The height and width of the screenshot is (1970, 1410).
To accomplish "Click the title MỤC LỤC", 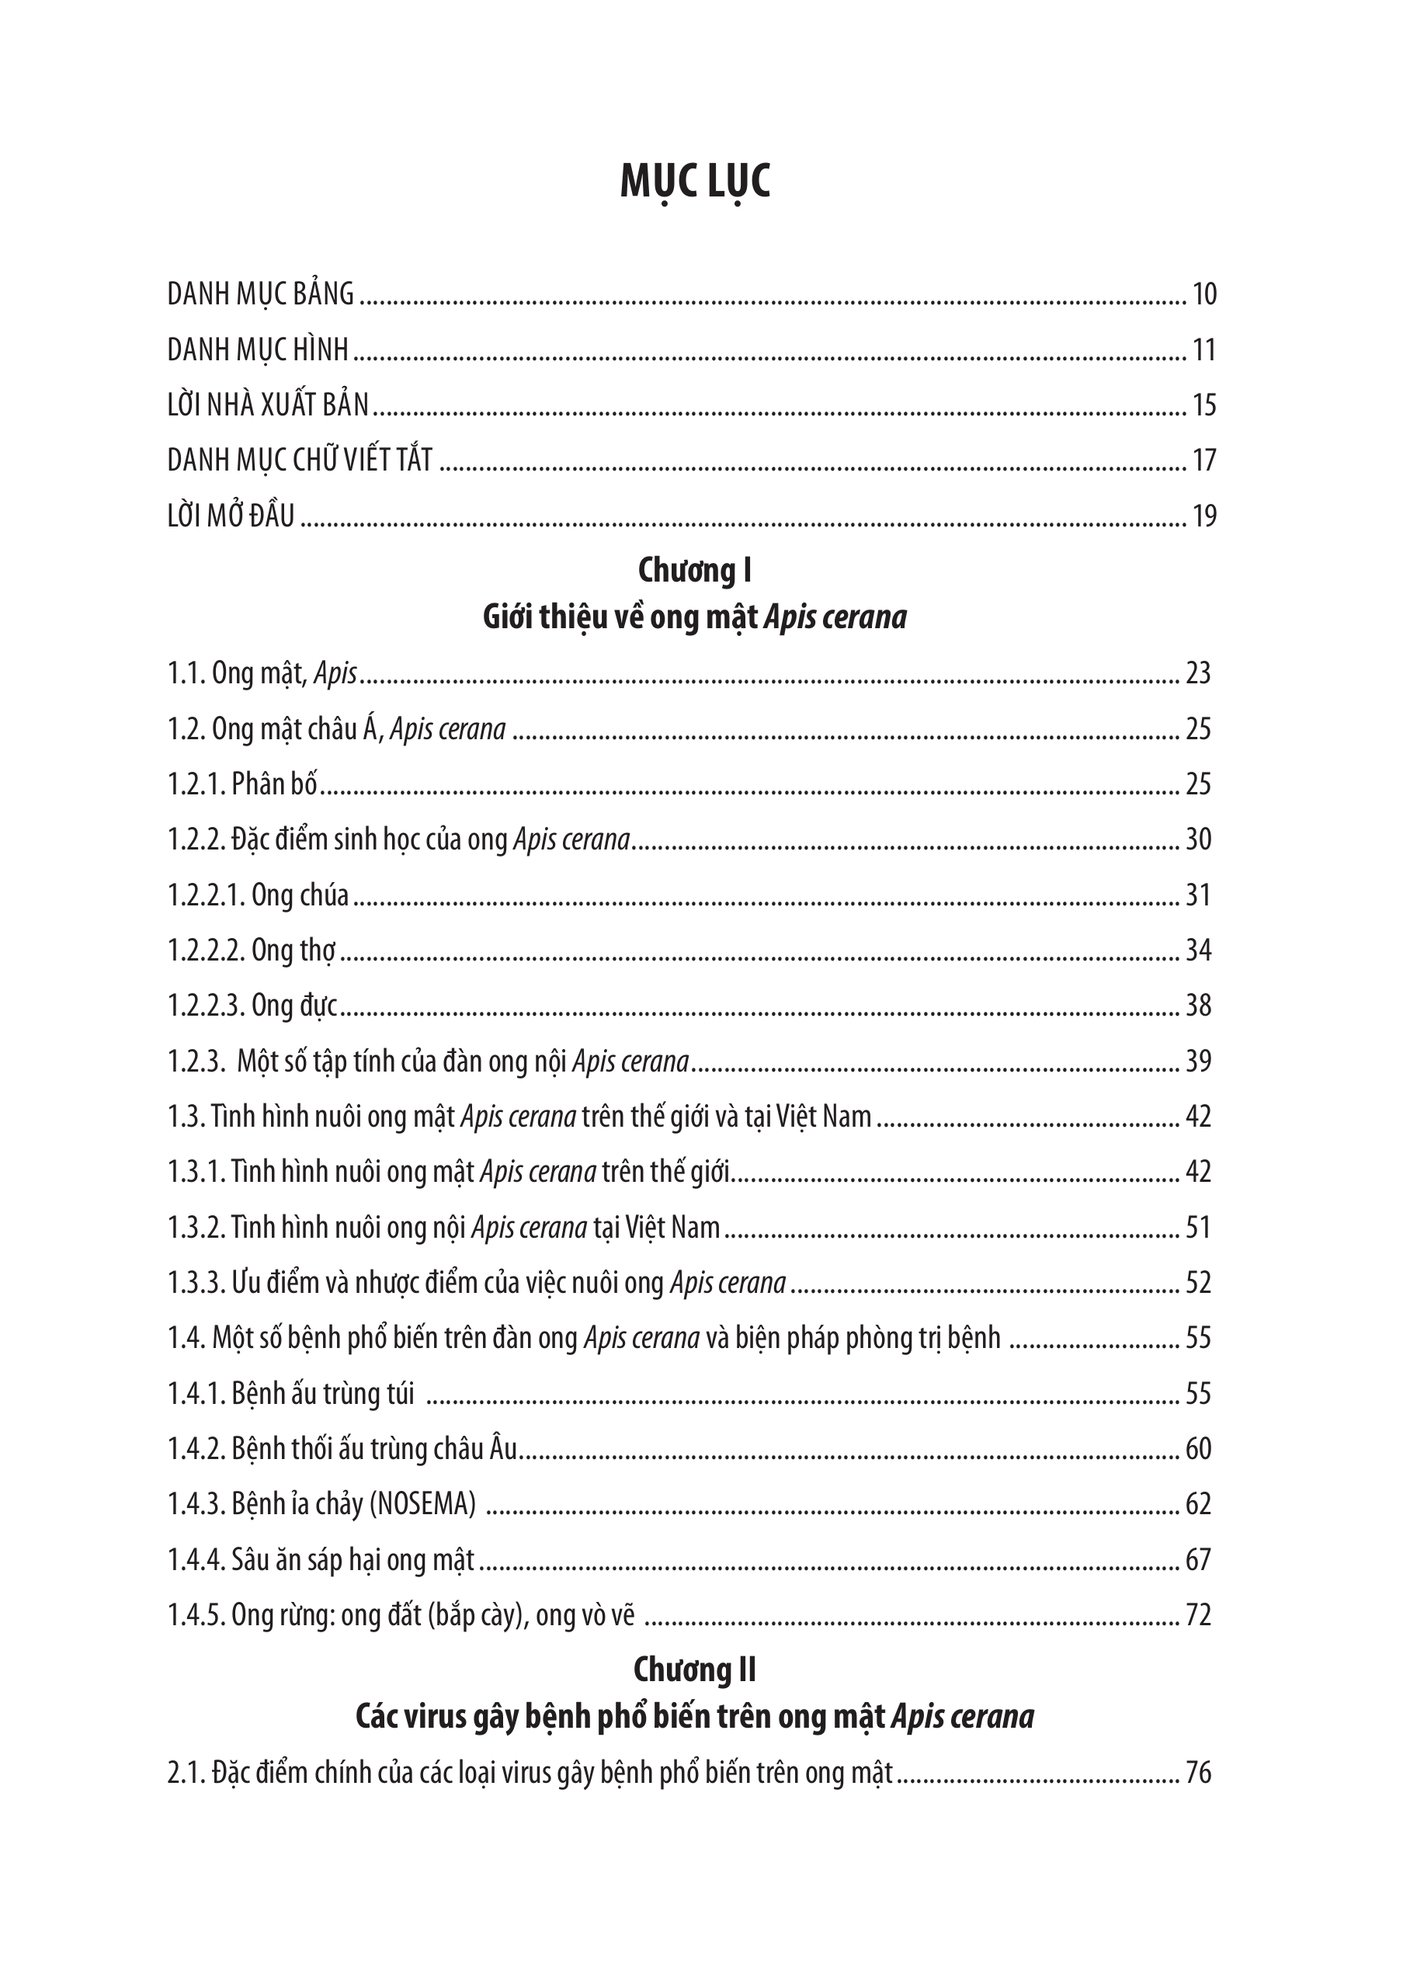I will click(695, 183).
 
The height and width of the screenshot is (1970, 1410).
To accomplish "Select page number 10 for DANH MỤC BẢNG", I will click(1204, 295).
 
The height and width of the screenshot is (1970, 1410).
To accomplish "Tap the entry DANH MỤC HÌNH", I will click(258, 350).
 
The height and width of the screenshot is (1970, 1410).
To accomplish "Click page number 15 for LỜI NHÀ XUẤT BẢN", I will click(1204, 405).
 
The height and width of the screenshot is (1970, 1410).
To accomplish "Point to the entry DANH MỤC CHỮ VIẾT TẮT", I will click(300, 460).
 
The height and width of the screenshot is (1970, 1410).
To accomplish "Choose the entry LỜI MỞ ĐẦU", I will click(231, 516).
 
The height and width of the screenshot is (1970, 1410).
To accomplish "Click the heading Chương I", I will click(695, 571).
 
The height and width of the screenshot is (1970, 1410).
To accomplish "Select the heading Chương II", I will click(695, 1669).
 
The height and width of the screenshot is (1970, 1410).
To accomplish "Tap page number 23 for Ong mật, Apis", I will click(1198, 674).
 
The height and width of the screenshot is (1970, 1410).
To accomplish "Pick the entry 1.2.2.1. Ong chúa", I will click(258, 895).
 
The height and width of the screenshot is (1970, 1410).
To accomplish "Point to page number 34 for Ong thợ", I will click(1198, 950).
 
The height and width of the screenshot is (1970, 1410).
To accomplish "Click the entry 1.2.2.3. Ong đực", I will click(252, 1006).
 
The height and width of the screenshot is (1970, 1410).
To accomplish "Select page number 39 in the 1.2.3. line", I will click(1198, 1061).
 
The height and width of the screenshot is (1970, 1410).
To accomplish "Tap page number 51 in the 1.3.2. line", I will click(1198, 1228).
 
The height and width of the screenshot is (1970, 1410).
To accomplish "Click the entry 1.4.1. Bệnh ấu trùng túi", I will click(291, 1394).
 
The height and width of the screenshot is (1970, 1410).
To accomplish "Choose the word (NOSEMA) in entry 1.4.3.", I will click(423, 1505).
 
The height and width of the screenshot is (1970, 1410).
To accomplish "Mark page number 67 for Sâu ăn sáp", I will click(1198, 1560).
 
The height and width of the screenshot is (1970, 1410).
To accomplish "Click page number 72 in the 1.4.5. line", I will click(1198, 1615).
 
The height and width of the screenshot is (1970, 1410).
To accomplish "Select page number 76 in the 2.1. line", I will click(1198, 1773).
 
